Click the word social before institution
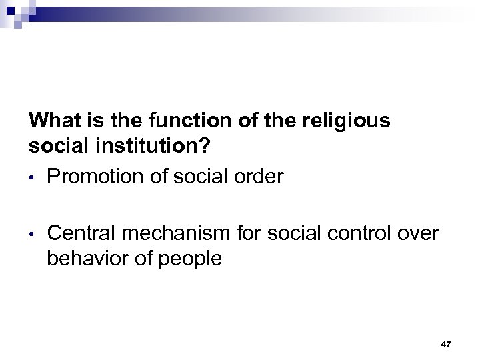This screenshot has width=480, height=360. tap(58, 145)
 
